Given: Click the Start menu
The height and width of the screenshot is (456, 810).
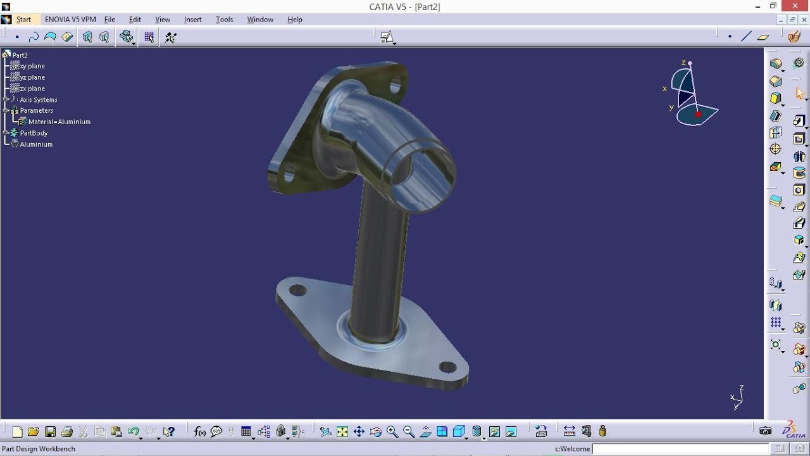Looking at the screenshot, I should tap(23, 20).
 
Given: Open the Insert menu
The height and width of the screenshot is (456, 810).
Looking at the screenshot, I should tap(192, 20).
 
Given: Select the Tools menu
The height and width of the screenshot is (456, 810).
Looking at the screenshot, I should tap(224, 20).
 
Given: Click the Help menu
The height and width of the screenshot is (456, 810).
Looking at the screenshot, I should tap(295, 20).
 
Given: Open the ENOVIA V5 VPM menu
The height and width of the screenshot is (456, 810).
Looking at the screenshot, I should tap(70, 20).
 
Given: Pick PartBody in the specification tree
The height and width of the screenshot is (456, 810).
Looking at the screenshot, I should tap(34, 133).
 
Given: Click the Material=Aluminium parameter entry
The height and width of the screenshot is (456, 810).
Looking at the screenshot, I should tap(59, 122).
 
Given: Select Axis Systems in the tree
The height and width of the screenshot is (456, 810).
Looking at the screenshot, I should tap(38, 100).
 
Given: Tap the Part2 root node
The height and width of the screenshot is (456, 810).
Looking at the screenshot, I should tap(20, 55).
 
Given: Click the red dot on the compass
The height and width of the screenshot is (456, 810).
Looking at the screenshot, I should tap(698, 115).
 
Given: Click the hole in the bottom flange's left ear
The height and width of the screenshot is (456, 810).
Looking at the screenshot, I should tap(297, 291).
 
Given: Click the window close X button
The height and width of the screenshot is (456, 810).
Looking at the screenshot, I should tap(795, 6).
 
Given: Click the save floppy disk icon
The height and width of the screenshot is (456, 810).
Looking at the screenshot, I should tap(50, 432).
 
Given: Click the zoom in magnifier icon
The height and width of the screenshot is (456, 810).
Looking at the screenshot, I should tap(392, 432).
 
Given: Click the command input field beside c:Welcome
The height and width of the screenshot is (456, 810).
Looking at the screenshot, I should tap(680, 448).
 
